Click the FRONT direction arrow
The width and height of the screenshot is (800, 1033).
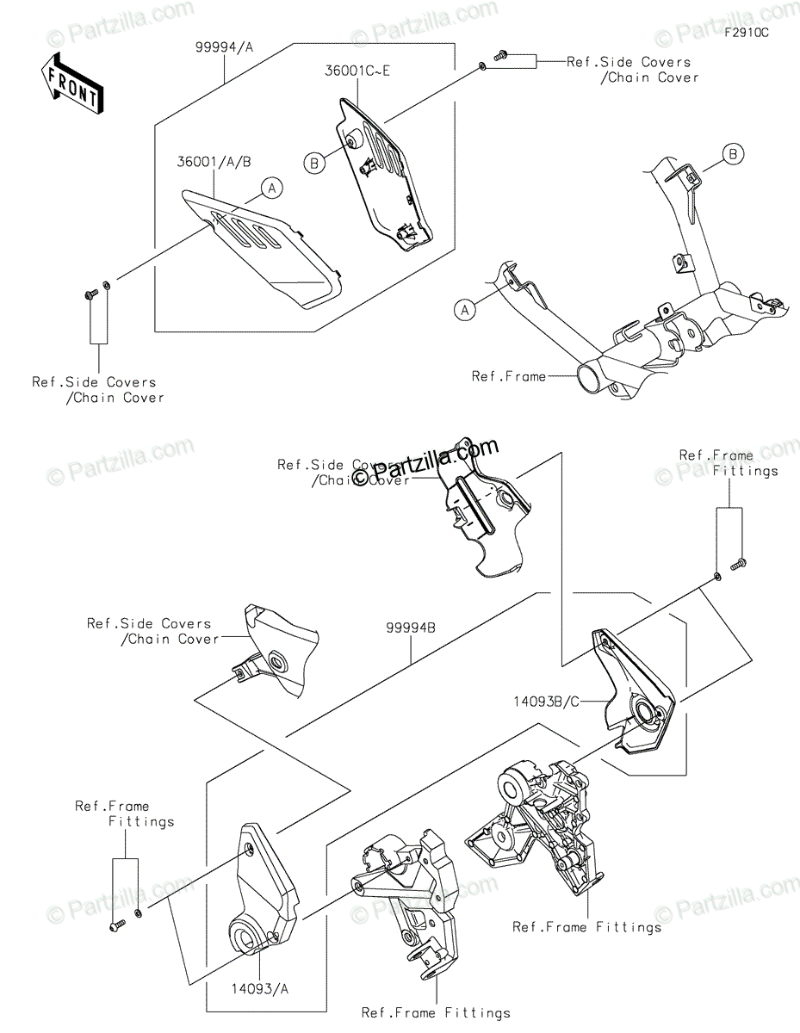(x=74, y=84)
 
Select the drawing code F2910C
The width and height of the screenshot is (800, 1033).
(x=745, y=33)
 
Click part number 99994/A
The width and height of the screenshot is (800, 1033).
(x=223, y=49)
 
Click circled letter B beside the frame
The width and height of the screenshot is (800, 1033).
(x=733, y=155)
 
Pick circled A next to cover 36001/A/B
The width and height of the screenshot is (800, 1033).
(x=271, y=187)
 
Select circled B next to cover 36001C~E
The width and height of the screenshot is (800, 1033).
(x=314, y=161)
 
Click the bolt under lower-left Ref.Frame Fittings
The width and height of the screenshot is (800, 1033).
(x=117, y=925)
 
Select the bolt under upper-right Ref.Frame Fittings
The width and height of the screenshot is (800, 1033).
(x=737, y=565)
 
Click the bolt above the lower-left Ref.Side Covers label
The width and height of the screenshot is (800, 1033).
(x=89, y=295)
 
